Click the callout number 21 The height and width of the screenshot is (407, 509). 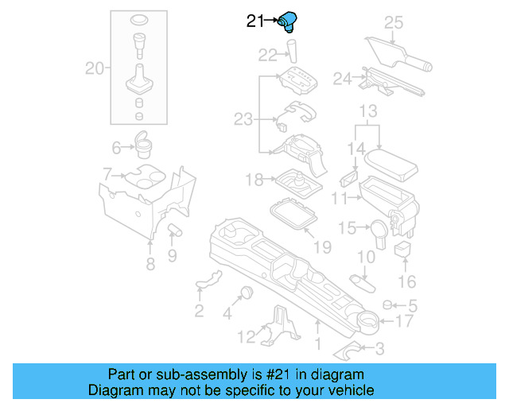coord(254,22)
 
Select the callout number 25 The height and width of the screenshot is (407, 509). coord(394,22)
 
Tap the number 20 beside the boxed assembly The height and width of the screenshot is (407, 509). coord(95,69)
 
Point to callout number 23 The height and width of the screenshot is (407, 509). coord(243,119)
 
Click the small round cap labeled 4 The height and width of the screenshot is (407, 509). coord(246,290)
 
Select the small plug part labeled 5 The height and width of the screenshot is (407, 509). coord(388,304)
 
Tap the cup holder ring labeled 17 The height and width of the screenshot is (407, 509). coord(367,321)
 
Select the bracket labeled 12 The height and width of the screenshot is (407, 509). coord(278,324)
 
